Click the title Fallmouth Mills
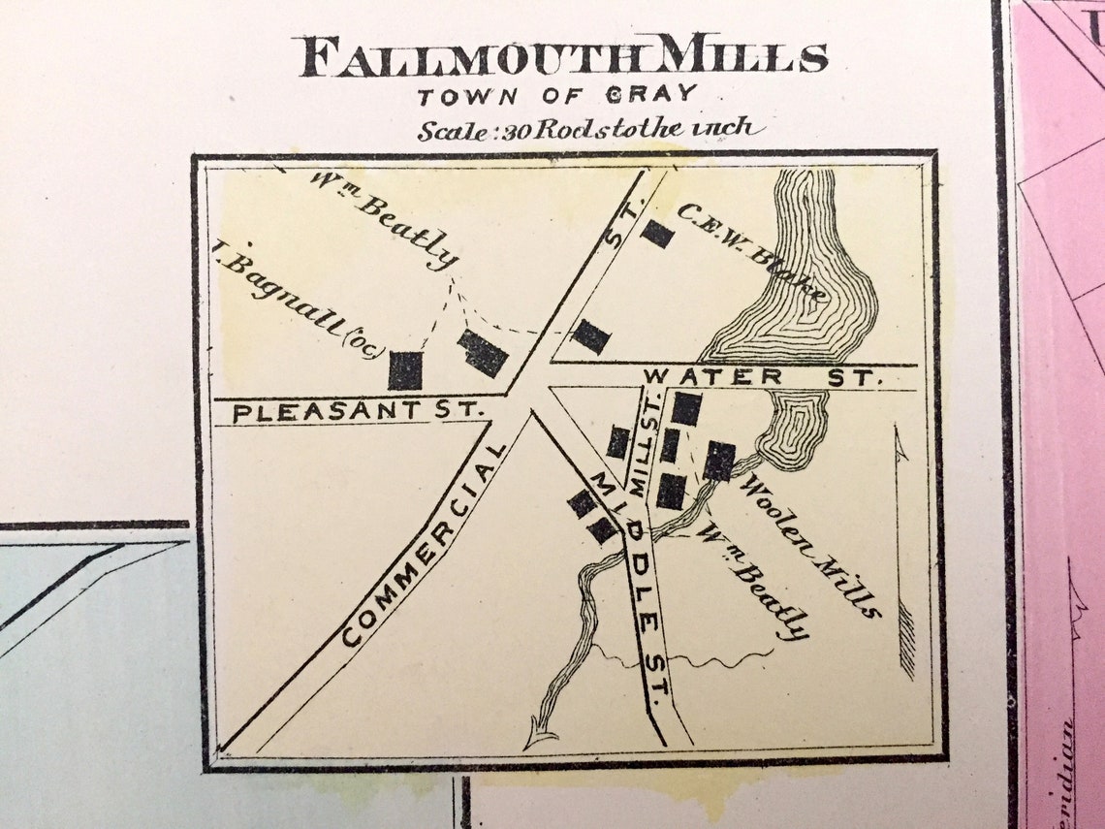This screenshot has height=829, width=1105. pos(562,57)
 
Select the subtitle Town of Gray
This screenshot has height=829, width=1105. pos(557,95)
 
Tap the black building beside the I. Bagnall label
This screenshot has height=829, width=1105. pos(405,370)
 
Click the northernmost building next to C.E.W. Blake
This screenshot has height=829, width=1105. pos(657,234)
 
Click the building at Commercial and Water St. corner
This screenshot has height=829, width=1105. pos(590,336)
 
